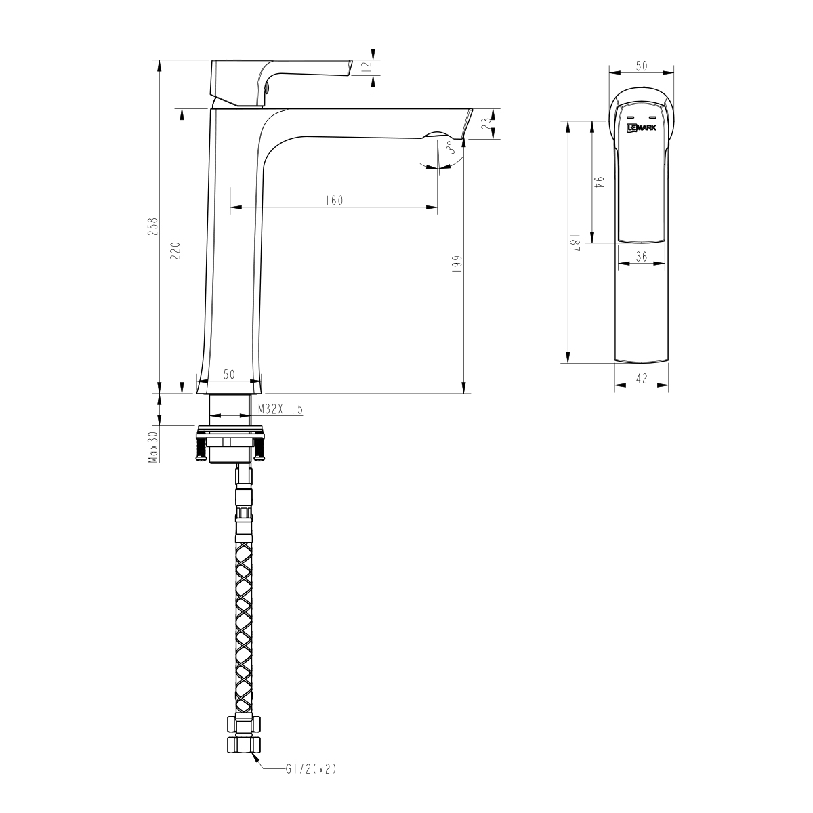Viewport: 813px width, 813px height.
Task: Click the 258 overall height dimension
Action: (x=154, y=226)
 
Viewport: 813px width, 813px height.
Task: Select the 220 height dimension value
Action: (x=175, y=250)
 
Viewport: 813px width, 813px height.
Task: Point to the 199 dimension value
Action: (x=457, y=263)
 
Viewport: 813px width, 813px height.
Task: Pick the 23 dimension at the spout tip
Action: (x=485, y=124)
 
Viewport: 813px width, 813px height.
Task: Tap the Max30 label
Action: (x=154, y=447)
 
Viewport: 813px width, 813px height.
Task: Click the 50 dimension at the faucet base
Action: (x=228, y=375)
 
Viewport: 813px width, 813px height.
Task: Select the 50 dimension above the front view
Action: (x=641, y=66)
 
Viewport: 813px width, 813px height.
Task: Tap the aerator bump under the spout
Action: (x=436, y=134)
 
